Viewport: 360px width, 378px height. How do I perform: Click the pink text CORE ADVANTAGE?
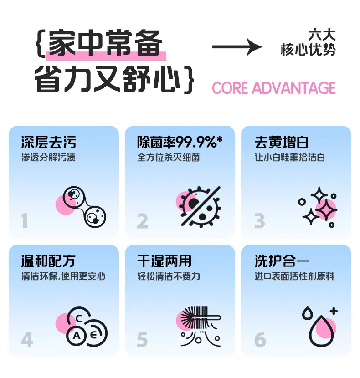pos(274,88)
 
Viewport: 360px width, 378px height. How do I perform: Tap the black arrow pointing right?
pos(237,46)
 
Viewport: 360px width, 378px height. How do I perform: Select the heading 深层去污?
pos(49,142)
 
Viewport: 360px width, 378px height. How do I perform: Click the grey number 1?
pos(24,221)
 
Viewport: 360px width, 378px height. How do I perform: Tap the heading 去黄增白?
pos(282,142)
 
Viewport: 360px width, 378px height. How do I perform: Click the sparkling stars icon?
pos(318,207)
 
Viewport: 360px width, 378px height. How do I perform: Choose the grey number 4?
pos(27,340)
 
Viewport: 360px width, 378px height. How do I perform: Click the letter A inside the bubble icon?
pos(77,336)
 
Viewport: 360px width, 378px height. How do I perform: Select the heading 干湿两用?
pos(165,261)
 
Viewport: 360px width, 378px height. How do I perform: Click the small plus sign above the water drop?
pos(334,311)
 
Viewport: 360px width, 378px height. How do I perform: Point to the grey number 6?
pos(260,340)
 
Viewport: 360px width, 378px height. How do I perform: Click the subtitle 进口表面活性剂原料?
pos(294,276)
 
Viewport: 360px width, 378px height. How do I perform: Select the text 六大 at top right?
pos(322,35)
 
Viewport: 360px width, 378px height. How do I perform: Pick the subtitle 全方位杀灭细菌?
pos(169,158)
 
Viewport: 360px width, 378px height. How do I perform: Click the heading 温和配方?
pos(48,261)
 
